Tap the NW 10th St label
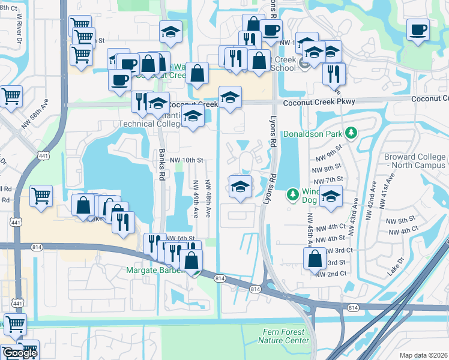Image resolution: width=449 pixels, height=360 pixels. [x=187, y=160]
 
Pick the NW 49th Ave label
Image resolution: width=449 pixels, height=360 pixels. [x=196, y=198]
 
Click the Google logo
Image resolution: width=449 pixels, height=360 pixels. [x=19, y=353]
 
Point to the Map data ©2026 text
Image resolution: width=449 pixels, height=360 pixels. [x=423, y=355]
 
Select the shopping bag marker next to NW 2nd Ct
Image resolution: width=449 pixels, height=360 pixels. [x=315, y=259]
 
